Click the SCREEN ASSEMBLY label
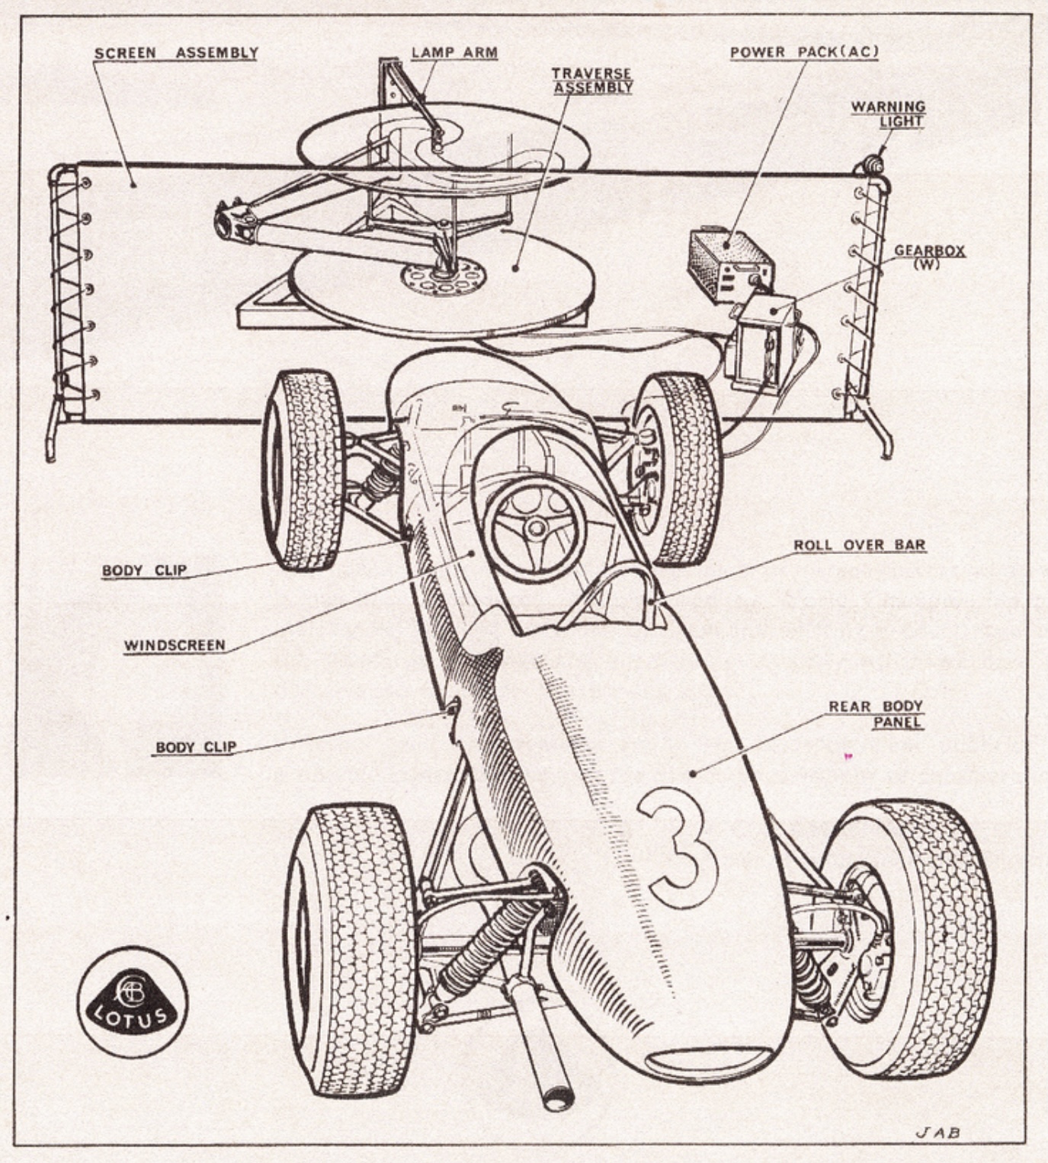click(176, 53)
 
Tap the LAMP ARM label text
click(454, 53)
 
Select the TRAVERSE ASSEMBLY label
click(592, 81)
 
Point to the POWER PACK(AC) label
click(804, 53)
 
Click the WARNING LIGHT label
click(888, 114)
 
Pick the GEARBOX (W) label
click(929, 257)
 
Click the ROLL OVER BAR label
click(859, 546)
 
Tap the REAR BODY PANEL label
click(876, 714)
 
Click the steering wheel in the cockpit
click(535, 527)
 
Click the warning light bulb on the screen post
click(872, 163)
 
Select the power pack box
click(729, 264)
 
